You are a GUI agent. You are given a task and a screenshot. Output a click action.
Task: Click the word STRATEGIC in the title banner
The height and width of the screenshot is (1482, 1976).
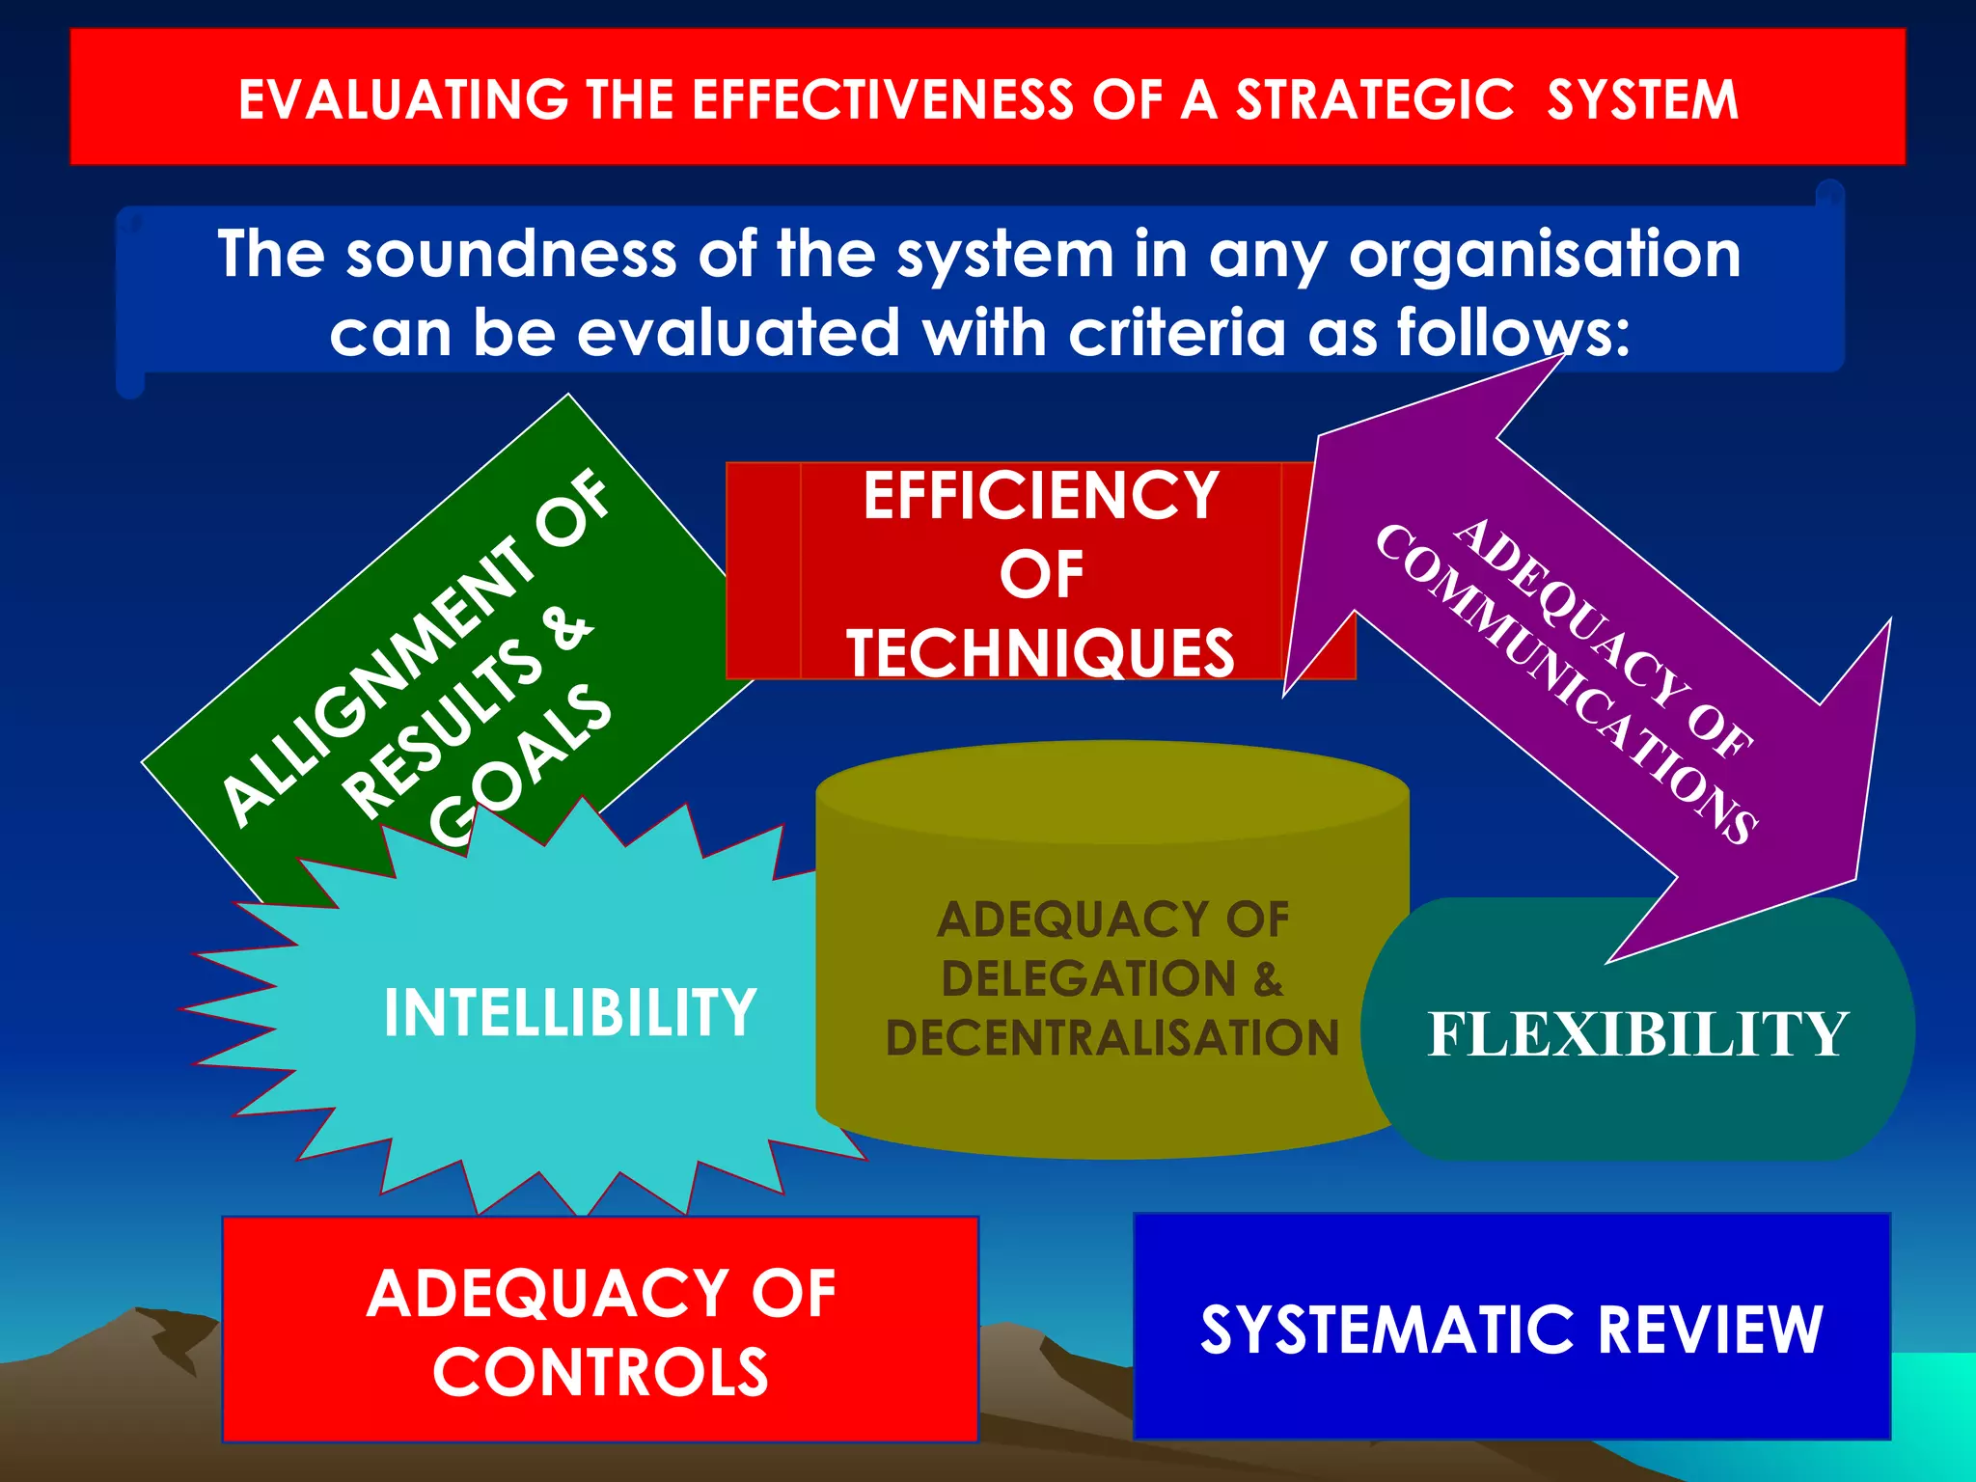1375,100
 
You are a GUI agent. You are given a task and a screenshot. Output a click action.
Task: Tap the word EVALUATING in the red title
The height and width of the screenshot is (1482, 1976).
403,100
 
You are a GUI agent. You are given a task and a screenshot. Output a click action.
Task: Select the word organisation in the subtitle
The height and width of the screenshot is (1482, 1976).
1545,256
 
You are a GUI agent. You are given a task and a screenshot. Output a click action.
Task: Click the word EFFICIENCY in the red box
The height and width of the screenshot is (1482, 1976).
1041,496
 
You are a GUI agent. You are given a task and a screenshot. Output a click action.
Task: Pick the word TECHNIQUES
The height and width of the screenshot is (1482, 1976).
1040,653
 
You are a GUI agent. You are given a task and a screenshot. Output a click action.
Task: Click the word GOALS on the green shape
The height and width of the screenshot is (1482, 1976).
521,762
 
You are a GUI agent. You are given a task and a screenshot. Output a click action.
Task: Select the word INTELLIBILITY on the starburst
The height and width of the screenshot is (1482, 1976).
569,1012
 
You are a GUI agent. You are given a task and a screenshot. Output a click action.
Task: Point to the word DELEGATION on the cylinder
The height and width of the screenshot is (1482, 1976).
1088,979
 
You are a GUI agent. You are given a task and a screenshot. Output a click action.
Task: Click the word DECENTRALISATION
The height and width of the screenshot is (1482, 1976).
1112,1038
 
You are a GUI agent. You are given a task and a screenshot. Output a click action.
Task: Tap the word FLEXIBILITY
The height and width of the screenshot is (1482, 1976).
1637,1034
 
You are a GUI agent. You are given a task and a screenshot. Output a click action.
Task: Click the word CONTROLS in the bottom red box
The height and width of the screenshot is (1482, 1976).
600,1372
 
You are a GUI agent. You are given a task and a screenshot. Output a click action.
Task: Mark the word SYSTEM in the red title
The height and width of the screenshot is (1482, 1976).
1642,100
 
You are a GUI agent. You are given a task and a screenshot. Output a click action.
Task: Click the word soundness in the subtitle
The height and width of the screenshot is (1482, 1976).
511,256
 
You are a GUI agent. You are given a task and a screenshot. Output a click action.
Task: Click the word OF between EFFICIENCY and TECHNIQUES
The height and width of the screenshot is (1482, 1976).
1041,575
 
